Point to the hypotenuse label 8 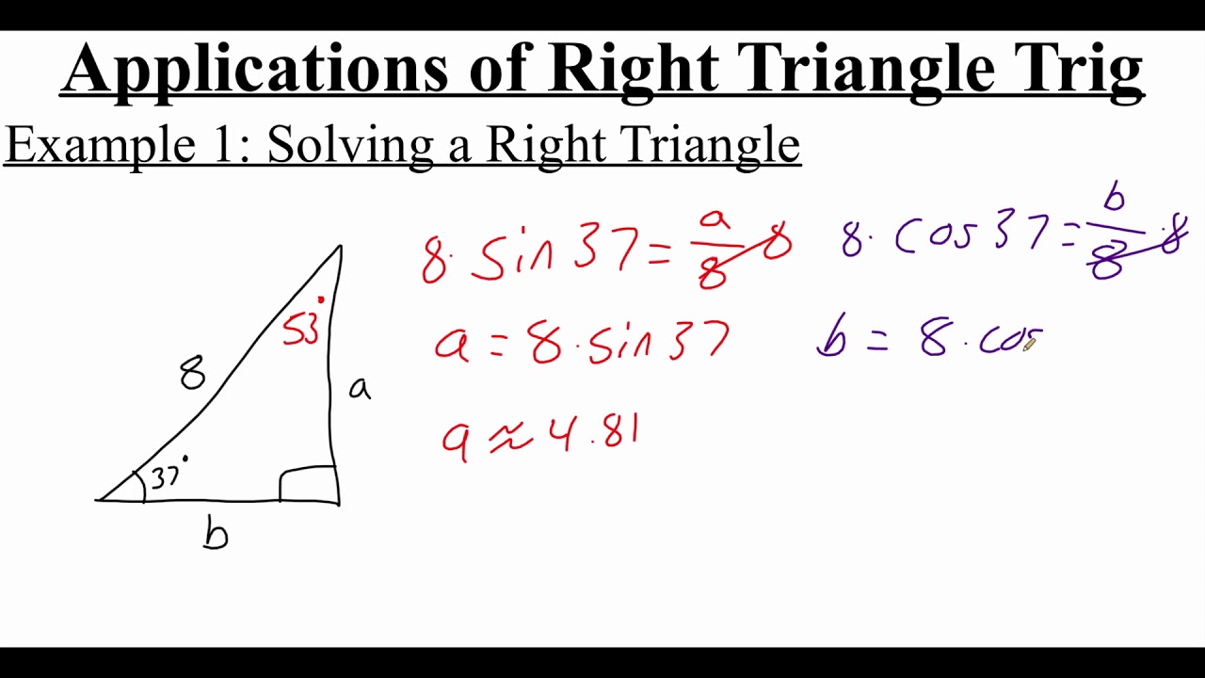point(192,374)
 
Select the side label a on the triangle point(359,387)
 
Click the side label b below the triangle point(216,533)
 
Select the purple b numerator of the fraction point(1115,198)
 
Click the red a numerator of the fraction point(715,219)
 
